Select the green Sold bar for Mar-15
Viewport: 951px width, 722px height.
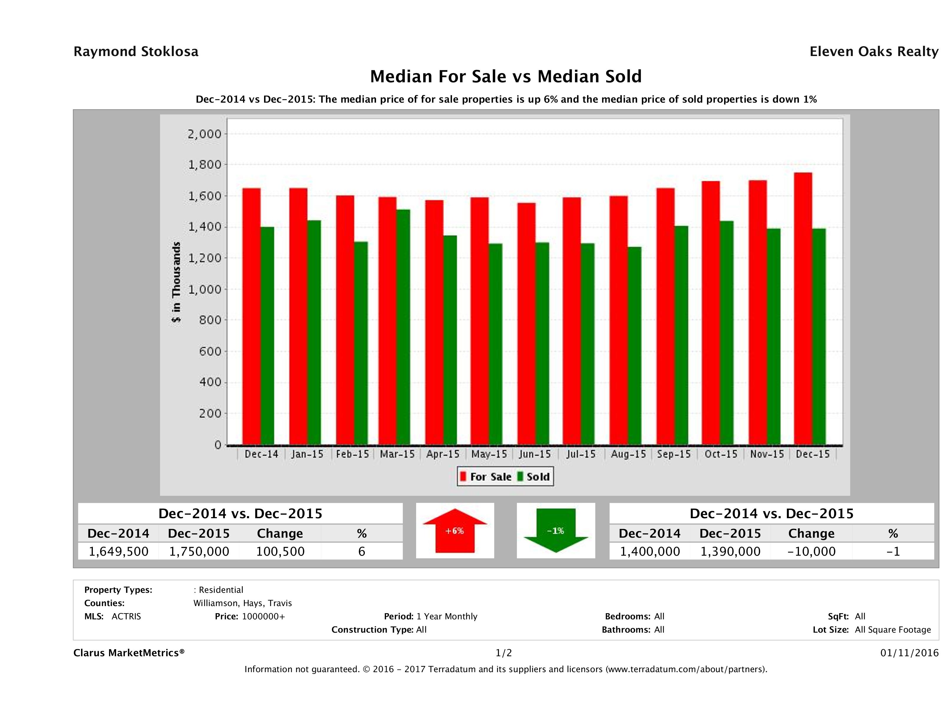pyautogui.click(x=403, y=327)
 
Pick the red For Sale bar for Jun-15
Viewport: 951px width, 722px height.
pyautogui.click(x=526, y=324)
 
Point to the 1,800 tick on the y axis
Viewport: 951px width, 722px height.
pyautogui.click(x=204, y=165)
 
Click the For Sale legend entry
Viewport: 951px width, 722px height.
pyautogui.click(x=486, y=477)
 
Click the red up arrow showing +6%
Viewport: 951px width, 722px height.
pyautogui.click(x=455, y=531)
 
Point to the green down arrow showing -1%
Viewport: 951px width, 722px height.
pyautogui.click(x=556, y=531)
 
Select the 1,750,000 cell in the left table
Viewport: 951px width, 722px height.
pyautogui.click(x=199, y=551)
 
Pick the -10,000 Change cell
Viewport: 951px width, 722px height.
pyautogui.click(x=811, y=551)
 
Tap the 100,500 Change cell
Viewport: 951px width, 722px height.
pyautogui.click(x=280, y=551)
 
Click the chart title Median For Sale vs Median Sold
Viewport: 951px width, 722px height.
pyautogui.click(x=506, y=77)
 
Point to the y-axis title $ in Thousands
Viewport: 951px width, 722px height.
pyautogui.click(x=176, y=282)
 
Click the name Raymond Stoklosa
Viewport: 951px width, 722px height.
pyautogui.click(x=136, y=52)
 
